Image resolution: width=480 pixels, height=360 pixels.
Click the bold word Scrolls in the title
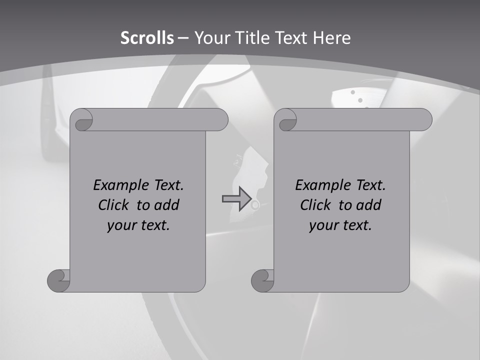(147, 38)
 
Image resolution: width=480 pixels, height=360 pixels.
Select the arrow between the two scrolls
(236, 199)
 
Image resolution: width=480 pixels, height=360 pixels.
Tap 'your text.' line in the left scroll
(138, 225)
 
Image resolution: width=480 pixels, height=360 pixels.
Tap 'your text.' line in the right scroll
(340, 225)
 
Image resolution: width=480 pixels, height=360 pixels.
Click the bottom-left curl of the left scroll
(58, 280)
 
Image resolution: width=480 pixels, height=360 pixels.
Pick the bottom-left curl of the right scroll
(262, 280)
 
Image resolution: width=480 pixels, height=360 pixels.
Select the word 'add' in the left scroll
(166, 205)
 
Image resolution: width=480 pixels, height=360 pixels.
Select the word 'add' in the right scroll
(368, 205)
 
